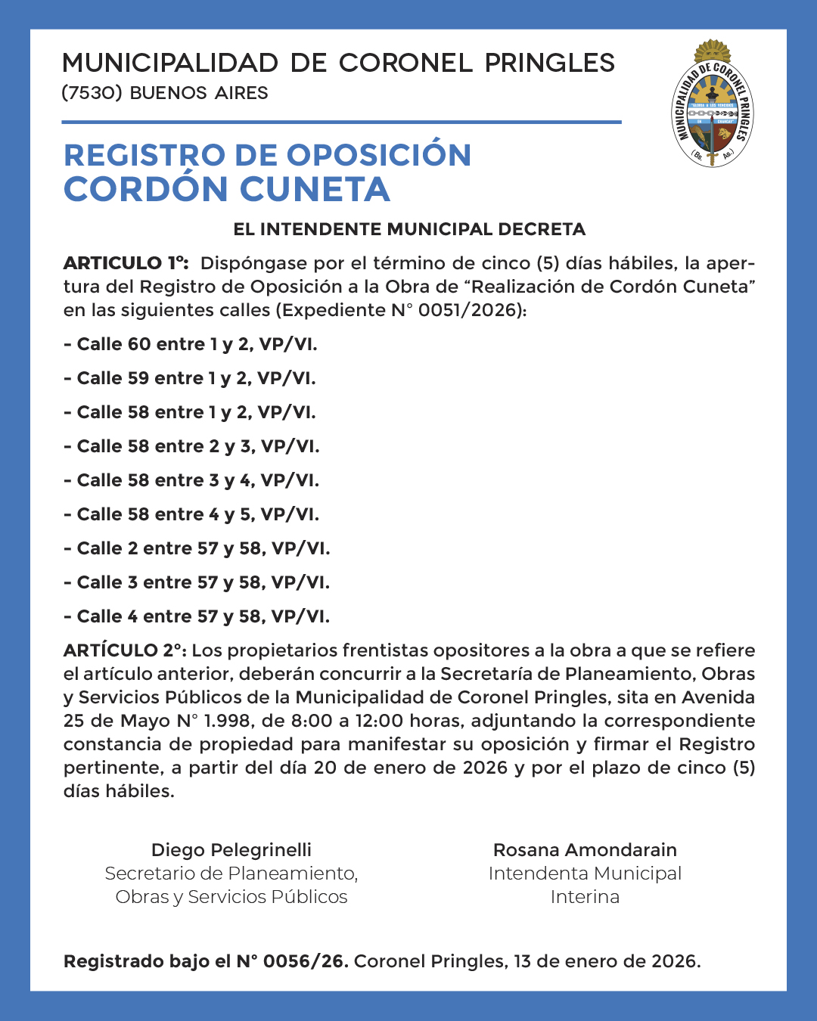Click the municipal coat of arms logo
pos(713,104)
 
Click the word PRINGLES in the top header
pos(550,64)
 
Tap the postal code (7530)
pos(92,93)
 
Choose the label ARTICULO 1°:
pos(126,263)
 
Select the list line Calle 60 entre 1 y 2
pos(190,344)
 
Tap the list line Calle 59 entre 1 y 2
pos(189,378)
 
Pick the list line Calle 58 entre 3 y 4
pos(191,480)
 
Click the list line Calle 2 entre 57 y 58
pos(197,548)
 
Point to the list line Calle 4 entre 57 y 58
pos(197,616)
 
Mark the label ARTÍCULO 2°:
pos(125,650)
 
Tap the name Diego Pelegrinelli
pos(231,850)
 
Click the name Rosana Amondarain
pos(585,850)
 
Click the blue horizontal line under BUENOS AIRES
pos(341,122)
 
